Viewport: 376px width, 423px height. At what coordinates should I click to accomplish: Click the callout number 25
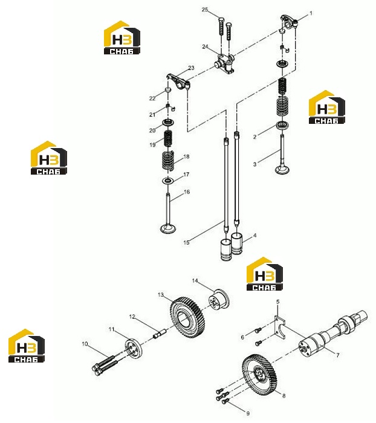(205, 10)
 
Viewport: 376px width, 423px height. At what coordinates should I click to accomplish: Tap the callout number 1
(311, 13)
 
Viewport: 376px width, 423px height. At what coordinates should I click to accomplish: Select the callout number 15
(187, 242)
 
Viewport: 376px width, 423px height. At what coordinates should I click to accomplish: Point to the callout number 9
(248, 413)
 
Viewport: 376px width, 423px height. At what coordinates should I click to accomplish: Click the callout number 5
(277, 302)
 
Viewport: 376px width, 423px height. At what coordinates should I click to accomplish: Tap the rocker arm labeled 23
(178, 82)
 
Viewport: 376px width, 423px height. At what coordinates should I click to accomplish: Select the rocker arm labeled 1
(289, 22)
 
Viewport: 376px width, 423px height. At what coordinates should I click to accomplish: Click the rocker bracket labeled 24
(224, 63)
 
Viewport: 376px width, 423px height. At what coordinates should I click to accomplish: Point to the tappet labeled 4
(237, 244)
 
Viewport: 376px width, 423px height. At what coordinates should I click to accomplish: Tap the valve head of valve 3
(283, 170)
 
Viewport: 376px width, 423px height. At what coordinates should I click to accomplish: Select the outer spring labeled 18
(168, 161)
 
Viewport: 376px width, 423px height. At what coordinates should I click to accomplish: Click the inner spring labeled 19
(168, 138)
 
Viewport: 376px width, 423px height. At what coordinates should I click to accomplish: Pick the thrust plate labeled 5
(280, 328)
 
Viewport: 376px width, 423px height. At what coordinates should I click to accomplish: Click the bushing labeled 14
(219, 301)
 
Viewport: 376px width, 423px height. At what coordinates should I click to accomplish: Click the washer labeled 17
(167, 180)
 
